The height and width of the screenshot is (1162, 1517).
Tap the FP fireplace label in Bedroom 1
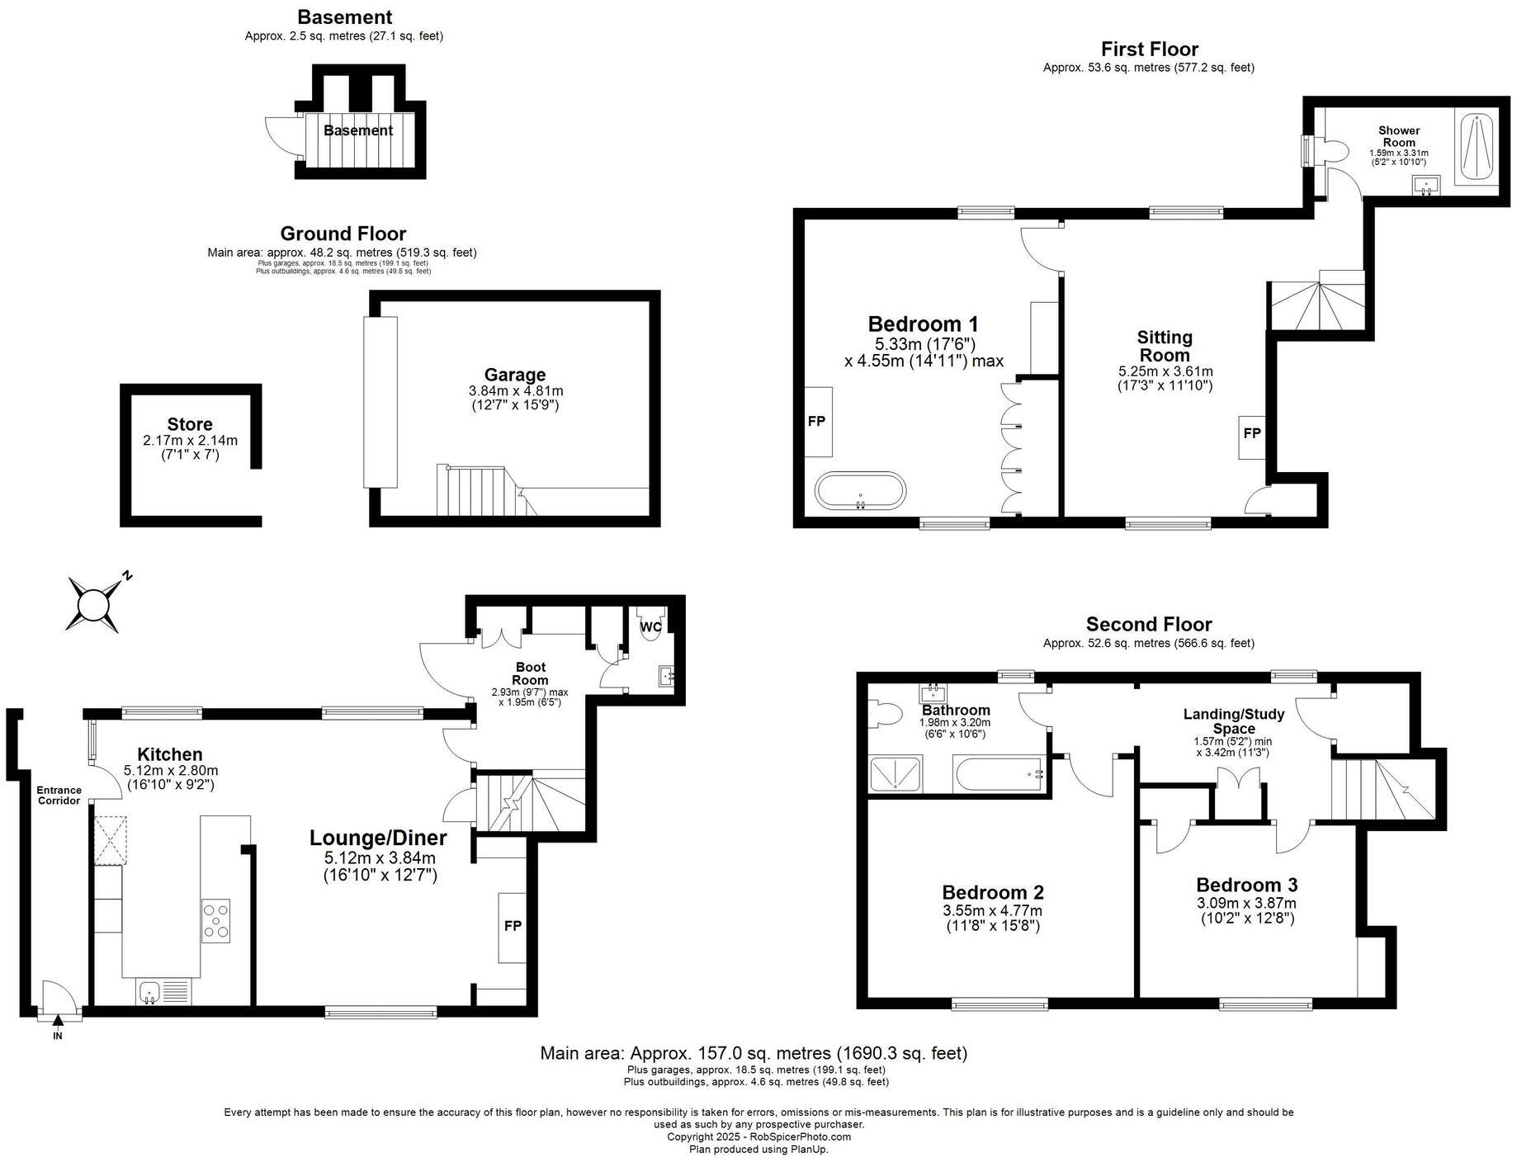816,422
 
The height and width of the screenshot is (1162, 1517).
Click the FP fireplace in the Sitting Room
1251,433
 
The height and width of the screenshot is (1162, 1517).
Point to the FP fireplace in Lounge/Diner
513,926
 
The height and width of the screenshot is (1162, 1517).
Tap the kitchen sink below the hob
150,990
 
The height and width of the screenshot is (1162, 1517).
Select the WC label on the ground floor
651,627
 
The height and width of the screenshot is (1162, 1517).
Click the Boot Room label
530,673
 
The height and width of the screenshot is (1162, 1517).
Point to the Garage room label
514,376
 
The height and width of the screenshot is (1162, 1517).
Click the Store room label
190,425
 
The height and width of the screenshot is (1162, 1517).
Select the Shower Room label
1398,136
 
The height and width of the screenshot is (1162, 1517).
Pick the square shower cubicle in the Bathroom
896,774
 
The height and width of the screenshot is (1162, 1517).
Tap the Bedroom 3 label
1246,885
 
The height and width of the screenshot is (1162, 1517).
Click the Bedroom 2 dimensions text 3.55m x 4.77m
992,911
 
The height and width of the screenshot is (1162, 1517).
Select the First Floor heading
1149,49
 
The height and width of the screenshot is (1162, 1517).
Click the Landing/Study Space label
1233,721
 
